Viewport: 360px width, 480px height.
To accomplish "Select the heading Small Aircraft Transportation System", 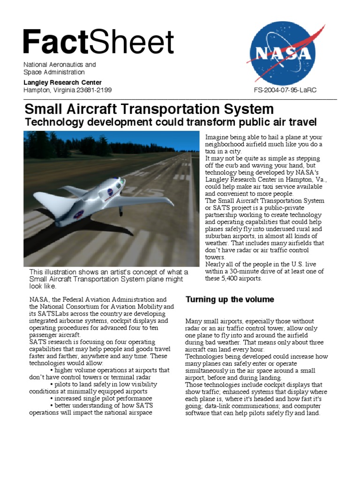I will click(149, 109).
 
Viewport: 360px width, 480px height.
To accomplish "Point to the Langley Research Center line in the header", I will click(62, 82).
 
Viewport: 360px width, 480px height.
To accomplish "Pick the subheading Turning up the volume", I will click(230, 299).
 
